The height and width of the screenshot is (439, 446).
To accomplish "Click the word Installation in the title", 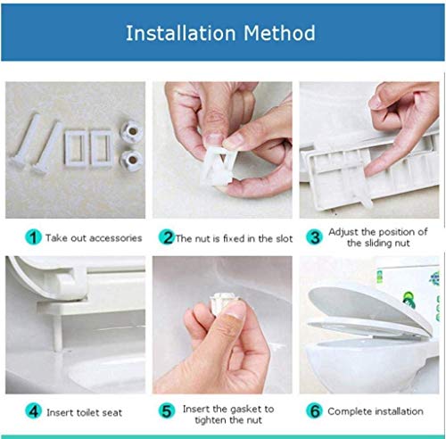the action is tap(181, 33).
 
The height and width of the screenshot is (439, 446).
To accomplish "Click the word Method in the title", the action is tap(279, 33).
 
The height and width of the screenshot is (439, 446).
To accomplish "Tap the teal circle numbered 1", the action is tap(33, 237).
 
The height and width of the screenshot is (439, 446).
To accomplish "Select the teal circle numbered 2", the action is tap(167, 237).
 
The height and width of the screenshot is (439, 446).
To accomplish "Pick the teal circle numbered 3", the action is tap(314, 237).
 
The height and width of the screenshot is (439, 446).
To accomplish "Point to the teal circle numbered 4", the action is tap(33, 411).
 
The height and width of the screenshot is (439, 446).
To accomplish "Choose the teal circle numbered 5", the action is tap(167, 411).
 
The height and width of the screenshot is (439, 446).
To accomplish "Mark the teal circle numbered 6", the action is tap(315, 410).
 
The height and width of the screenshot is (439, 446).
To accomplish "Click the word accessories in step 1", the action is tap(116, 238).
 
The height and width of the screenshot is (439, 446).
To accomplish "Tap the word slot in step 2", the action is tap(283, 238).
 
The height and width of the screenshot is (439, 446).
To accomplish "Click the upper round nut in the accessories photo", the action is tap(132, 131).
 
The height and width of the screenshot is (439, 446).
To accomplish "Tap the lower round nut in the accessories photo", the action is tap(131, 160).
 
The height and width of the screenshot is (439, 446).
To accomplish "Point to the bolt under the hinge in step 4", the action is tap(57, 333).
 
